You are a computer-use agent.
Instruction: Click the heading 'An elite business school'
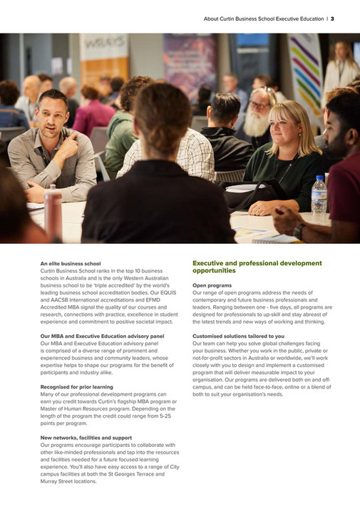71,264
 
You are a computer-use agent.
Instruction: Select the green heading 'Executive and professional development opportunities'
257,267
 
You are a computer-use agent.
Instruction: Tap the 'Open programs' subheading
212,285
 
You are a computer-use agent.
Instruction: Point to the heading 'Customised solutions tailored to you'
238,336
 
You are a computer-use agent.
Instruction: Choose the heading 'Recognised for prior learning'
76,386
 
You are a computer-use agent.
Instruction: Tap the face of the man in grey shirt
51,116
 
